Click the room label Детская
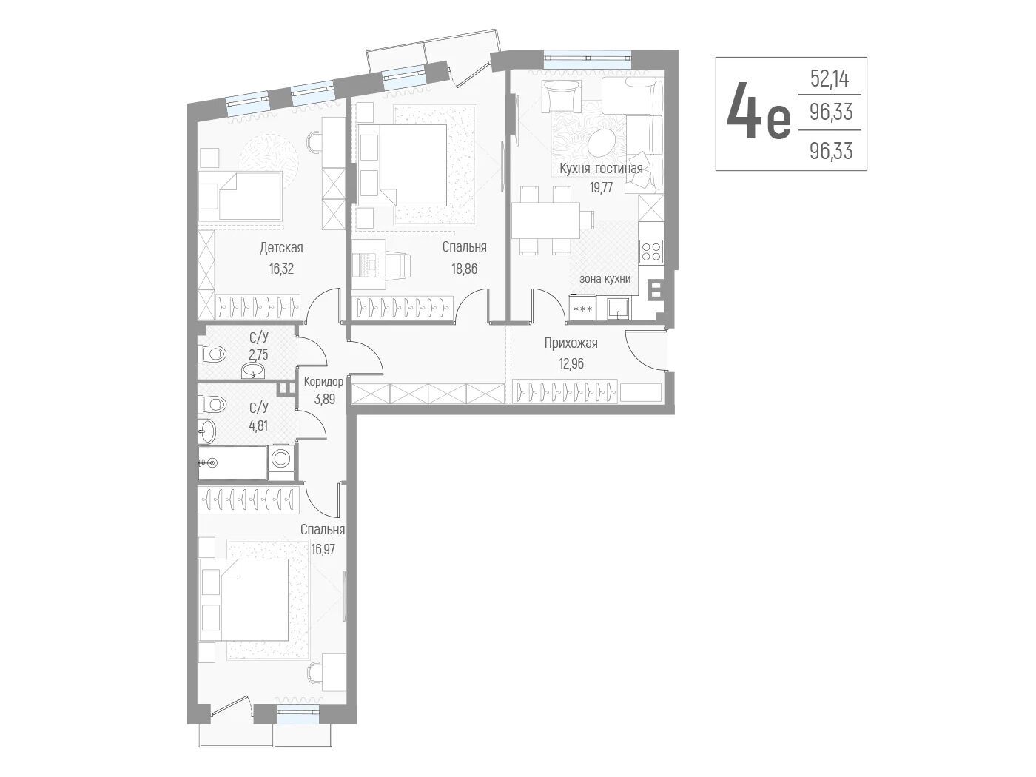(x=280, y=247)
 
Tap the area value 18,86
(x=464, y=269)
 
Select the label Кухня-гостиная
(x=601, y=169)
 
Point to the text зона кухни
(x=605, y=279)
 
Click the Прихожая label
(x=571, y=343)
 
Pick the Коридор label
(x=323, y=381)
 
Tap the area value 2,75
(x=259, y=354)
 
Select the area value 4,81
(x=259, y=425)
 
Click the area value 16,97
(x=323, y=549)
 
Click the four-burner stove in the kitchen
(x=651, y=251)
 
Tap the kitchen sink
(x=618, y=309)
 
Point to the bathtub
(x=232, y=462)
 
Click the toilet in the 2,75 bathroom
(x=213, y=353)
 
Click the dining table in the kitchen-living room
(x=545, y=221)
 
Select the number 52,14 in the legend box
(x=830, y=78)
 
